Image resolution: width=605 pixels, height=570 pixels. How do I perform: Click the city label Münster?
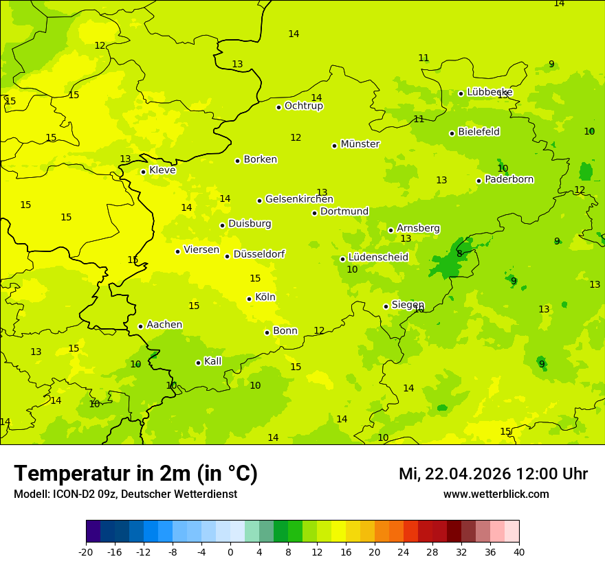coord(360,144)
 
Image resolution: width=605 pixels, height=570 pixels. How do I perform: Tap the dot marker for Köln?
coord(249,299)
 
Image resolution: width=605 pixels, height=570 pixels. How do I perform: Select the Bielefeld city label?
coord(478,132)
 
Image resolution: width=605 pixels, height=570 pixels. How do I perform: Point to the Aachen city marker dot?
coord(140,326)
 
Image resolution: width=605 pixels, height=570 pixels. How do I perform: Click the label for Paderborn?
coord(509,179)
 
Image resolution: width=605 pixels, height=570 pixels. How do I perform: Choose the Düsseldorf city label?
coord(258,254)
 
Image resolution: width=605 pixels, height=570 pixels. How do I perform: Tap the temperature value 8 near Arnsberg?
coord(459,253)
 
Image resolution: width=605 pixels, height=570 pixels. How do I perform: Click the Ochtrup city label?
coord(303,106)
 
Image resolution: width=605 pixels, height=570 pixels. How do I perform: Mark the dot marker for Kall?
coord(198,363)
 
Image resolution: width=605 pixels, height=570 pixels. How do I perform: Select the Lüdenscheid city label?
coord(378,258)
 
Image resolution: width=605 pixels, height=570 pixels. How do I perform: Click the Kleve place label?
coord(162,170)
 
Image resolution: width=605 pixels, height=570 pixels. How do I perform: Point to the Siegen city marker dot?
coord(386,306)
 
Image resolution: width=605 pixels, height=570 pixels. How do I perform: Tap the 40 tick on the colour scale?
coord(518,551)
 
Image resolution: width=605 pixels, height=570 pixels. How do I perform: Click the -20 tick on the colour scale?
coord(86,551)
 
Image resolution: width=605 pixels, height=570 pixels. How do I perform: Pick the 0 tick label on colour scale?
coord(230,551)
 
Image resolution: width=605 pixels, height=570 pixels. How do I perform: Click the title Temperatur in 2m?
coord(135,474)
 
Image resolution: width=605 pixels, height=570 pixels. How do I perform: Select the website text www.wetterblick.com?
coord(496,494)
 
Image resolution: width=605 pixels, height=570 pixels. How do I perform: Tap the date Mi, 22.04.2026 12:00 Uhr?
coord(493,474)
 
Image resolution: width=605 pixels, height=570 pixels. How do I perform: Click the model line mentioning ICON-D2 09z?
coord(125,494)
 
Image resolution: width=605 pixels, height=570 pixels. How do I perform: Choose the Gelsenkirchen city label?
coord(299,199)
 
